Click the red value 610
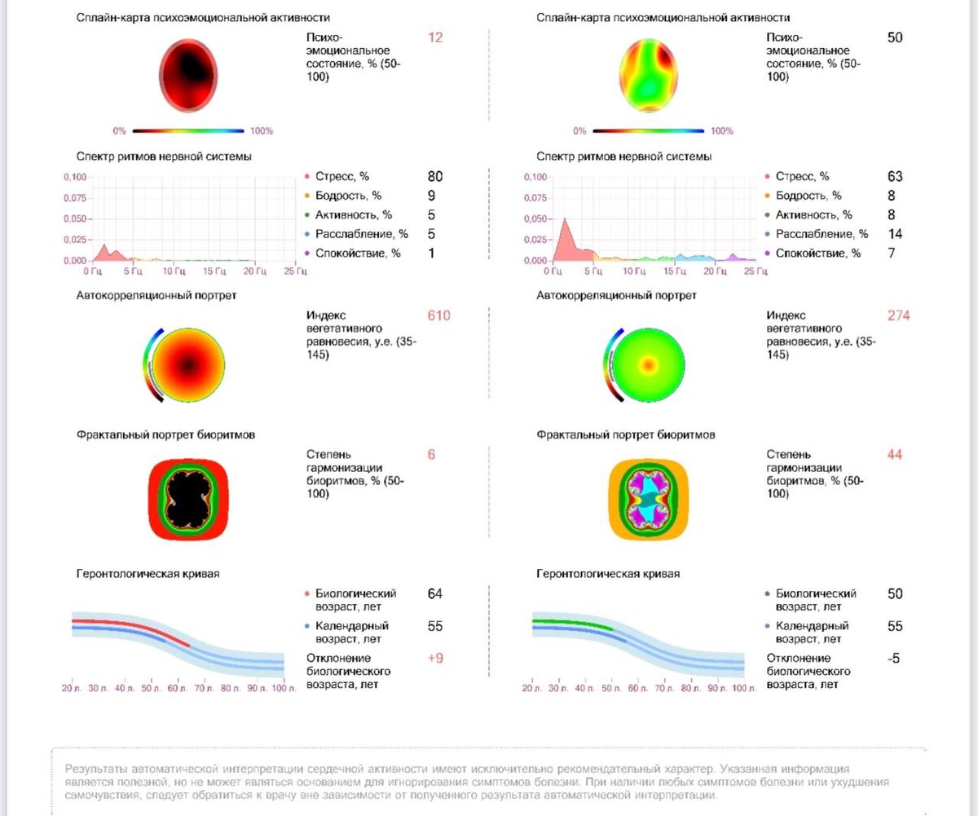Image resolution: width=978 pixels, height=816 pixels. [x=438, y=316]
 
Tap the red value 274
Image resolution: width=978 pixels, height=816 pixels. [x=898, y=316]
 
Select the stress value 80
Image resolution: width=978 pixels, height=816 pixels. [x=435, y=176]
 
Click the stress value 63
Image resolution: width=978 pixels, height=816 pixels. [x=895, y=176]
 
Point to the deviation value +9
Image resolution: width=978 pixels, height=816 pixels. [x=435, y=659]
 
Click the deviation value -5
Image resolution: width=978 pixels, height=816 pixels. [x=894, y=659]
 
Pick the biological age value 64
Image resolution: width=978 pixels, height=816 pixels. [x=434, y=594]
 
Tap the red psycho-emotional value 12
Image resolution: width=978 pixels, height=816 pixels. [x=435, y=37]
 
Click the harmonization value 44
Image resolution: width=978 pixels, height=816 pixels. [x=895, y=455]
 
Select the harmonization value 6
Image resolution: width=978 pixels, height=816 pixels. [x=431, y=455]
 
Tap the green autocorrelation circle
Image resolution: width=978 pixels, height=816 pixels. [x=649, y=364]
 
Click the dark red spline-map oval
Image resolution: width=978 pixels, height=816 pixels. [x=188, y=76]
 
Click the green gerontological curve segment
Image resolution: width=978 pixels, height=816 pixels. [x=570, y=623]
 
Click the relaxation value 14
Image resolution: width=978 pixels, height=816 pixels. [x=895, y=234]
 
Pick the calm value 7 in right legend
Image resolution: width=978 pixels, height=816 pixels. [x=892, y=254]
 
